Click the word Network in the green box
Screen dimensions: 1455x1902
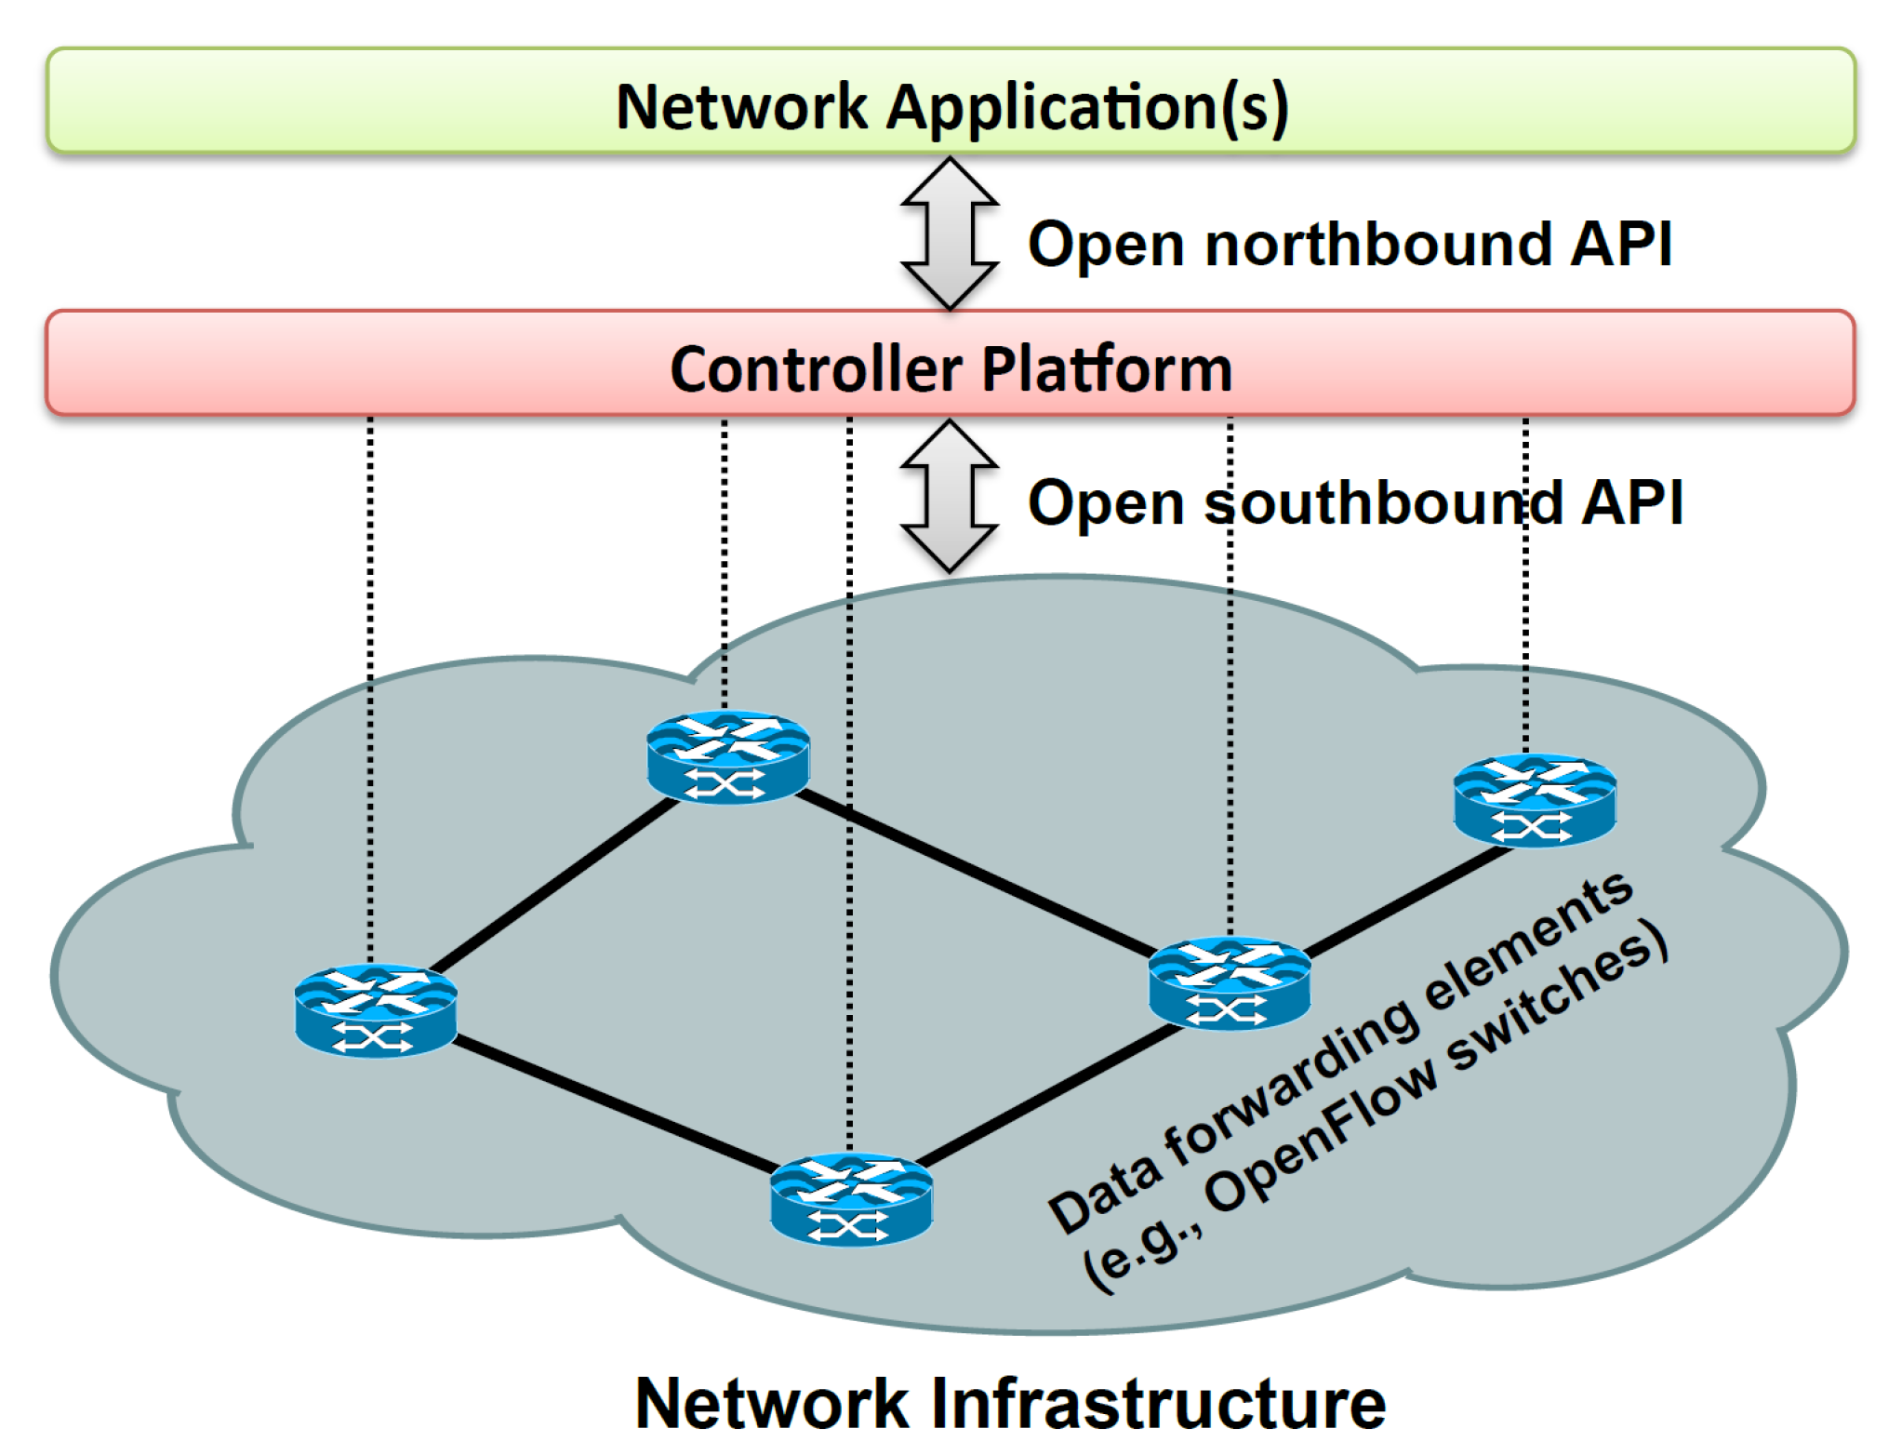[740, 107]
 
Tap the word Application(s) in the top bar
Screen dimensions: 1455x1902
[1086, 109]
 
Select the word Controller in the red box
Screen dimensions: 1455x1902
[816, 369]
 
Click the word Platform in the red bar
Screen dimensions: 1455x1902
[1107, 369]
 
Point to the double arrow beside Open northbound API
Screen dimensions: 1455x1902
[950, 233]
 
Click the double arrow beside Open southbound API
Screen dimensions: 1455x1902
[950, 495]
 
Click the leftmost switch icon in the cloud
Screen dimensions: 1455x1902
[376, 1010]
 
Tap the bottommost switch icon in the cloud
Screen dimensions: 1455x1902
[851, 1200]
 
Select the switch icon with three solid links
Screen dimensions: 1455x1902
[1230, 982]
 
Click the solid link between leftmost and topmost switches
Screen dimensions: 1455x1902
[556, 884]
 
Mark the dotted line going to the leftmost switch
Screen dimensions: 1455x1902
[370, 688]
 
